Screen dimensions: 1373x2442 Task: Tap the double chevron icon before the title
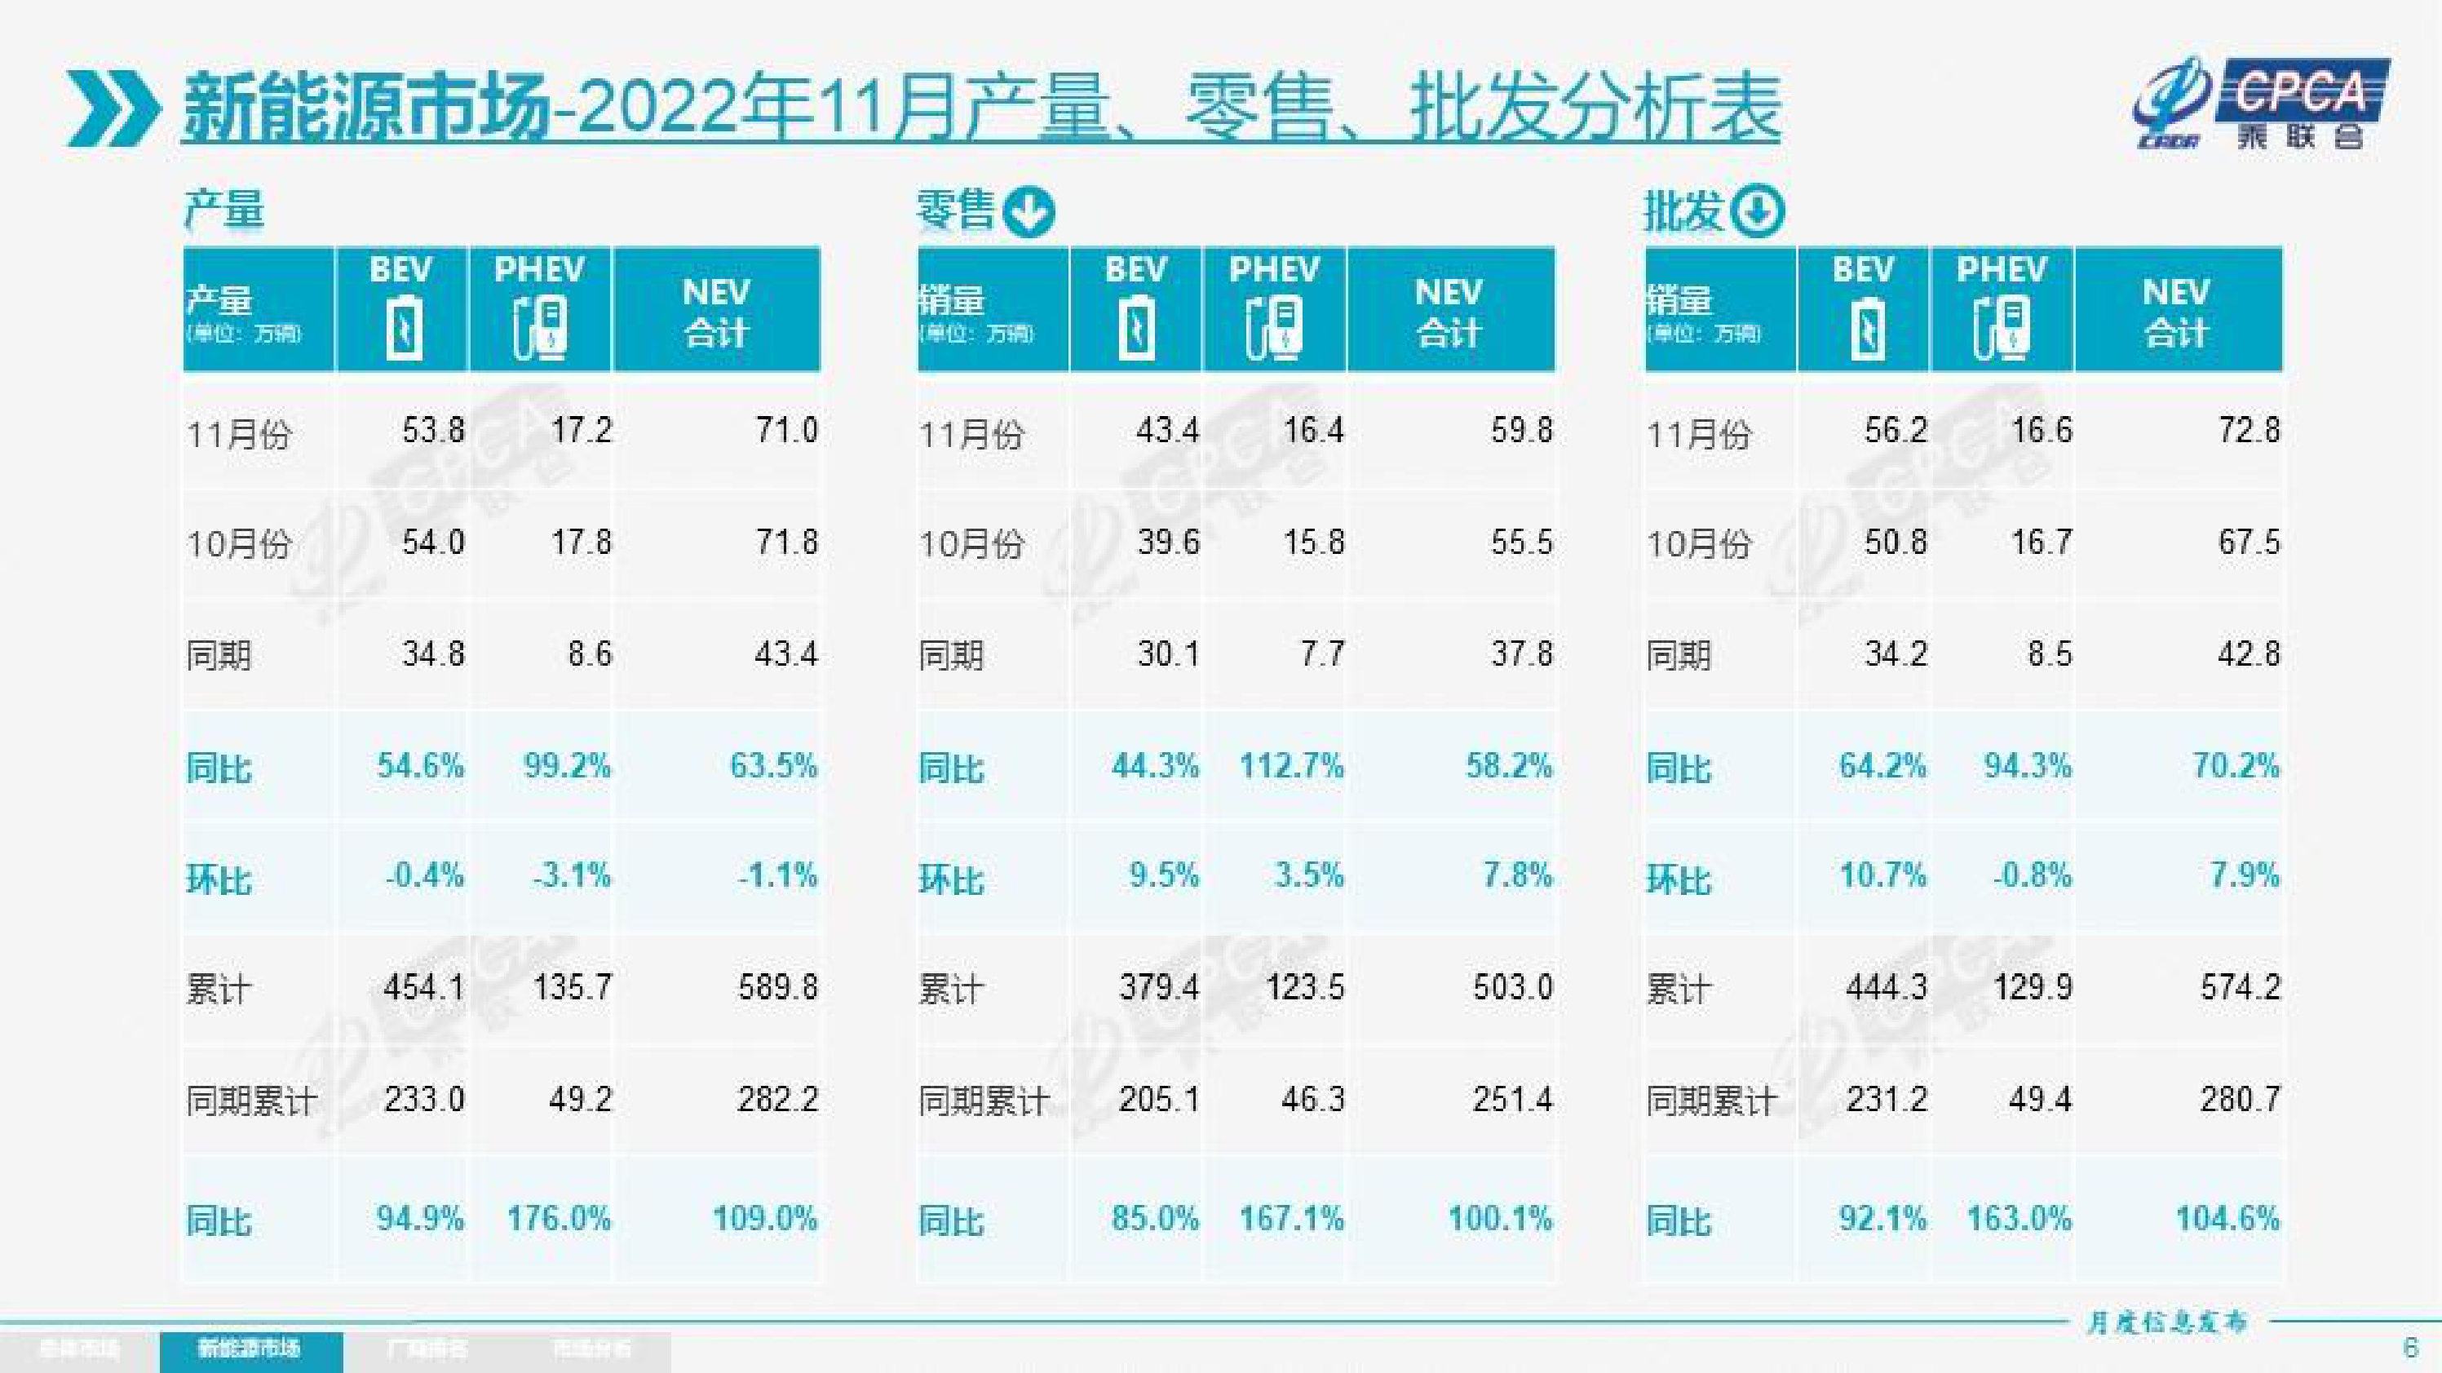(113, 109)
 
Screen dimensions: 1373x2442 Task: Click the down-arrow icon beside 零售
(1028, 210)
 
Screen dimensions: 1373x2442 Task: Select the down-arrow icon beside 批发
(1757, 210)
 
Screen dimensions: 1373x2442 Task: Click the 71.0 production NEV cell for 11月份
(786, 431)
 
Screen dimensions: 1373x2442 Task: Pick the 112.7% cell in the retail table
(1291, 765)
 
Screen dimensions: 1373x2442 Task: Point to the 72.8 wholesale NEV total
(2248, 431)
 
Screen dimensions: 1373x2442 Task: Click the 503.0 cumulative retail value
(1512, 987)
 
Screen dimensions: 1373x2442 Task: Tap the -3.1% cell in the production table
(572, 875)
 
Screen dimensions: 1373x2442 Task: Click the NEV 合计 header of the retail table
(1449, 311)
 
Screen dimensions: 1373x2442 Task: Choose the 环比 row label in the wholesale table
(1678, 879)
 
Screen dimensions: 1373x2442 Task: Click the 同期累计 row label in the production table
(251, 1101)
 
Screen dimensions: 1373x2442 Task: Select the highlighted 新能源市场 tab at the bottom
(250, 1349)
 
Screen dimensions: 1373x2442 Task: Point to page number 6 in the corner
(2411, 1346)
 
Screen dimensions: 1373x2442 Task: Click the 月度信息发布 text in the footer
(2166, 1322)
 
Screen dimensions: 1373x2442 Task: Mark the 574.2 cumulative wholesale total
(2239, 987)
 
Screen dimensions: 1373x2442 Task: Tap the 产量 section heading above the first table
(223, 209)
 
